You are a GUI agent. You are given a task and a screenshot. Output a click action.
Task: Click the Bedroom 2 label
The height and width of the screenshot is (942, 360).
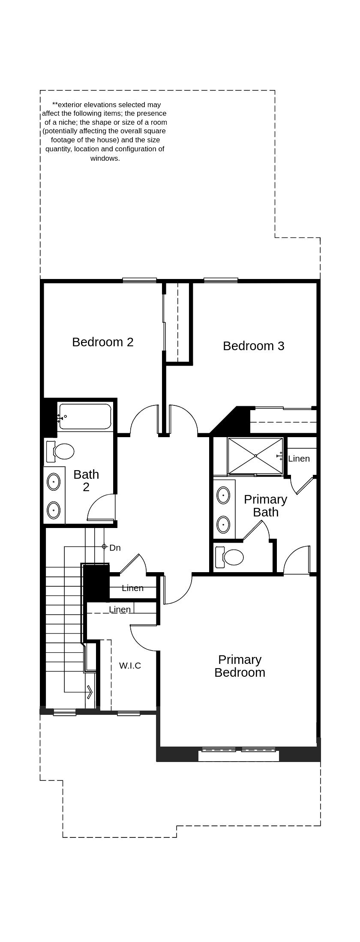pyautogui.click(x=103, y=342)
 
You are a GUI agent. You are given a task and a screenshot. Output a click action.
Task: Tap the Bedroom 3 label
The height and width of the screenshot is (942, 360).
pyautogui.click(x=253, y=346)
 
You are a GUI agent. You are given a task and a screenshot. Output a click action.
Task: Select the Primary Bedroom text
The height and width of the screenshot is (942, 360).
pyautogui.click(x=240, y=666)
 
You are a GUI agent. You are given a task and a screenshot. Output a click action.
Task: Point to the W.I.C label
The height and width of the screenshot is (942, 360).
pyautogui.click(x=130, y=666)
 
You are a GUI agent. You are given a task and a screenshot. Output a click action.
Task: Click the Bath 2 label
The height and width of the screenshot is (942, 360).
pyautogui.click(x=86, y=480)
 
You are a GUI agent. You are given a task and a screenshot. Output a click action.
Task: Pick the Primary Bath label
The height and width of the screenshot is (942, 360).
pyautogui.click(x=265, y=506)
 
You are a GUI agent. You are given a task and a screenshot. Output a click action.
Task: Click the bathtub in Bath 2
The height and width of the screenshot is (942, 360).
pyautogui.click(x=85, y=416)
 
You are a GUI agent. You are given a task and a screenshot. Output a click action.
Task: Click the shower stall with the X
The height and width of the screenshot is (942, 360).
pyautogui.click(x=255, y=456)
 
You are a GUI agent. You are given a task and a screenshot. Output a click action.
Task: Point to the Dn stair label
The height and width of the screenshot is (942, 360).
pyautogui.click(x=115, y=548)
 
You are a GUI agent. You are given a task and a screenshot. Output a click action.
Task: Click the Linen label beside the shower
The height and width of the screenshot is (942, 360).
pyautogui.click(x=299, y=459)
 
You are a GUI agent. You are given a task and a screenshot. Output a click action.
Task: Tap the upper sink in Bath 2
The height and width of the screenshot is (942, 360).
pyautogui.click(x=54, y=482)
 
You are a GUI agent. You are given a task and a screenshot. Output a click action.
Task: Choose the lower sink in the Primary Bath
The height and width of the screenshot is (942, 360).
pyautogui.click(x=223, y=524)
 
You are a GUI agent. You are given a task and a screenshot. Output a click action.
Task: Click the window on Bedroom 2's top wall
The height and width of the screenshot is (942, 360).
pyautogui.click(x=139, y=280)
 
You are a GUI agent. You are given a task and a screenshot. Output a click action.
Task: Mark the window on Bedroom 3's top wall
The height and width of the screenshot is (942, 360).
pyautogui.click(x=221, y=280)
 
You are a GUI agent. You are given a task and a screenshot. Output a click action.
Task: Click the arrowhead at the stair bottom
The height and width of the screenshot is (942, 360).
pyautogui.click(x=90, y=692)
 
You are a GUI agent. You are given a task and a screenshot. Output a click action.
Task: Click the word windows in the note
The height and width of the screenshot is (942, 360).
pyautogui.click(x=105, y=158)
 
